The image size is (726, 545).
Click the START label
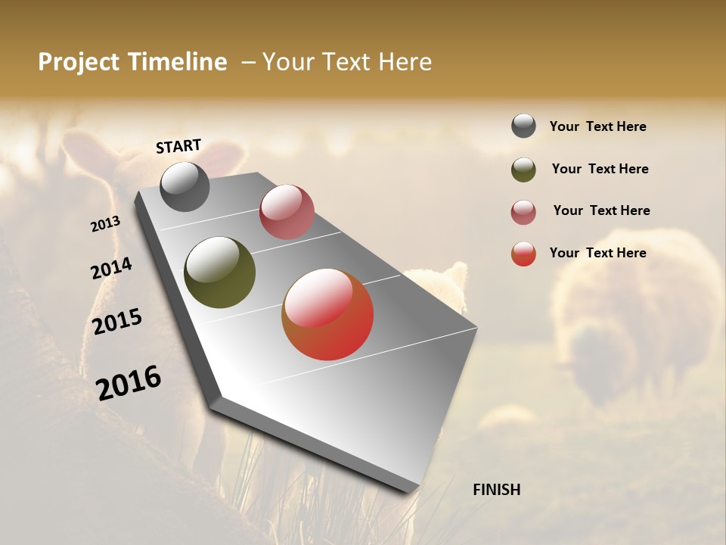(178, 145)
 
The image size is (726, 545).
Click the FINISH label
(496, 490)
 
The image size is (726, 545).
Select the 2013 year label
(106, 223)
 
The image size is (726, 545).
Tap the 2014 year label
(111, 268)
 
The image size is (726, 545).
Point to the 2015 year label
(117, 321)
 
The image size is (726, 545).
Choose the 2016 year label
(129, 382)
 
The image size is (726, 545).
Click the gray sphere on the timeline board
(185, 187)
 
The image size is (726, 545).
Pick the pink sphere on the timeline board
(287, 212)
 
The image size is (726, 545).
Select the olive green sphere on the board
(219, 272)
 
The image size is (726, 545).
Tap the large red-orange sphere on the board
(327, 314)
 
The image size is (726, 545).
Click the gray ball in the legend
(523, 126)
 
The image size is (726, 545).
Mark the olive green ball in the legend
(523, 170)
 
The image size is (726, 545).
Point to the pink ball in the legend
(523, 212)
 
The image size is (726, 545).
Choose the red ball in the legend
(523, 254)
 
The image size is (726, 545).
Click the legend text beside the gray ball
(597, 126)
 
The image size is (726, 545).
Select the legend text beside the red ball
(597, 253)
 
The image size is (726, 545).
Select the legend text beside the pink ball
(601, 210)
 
